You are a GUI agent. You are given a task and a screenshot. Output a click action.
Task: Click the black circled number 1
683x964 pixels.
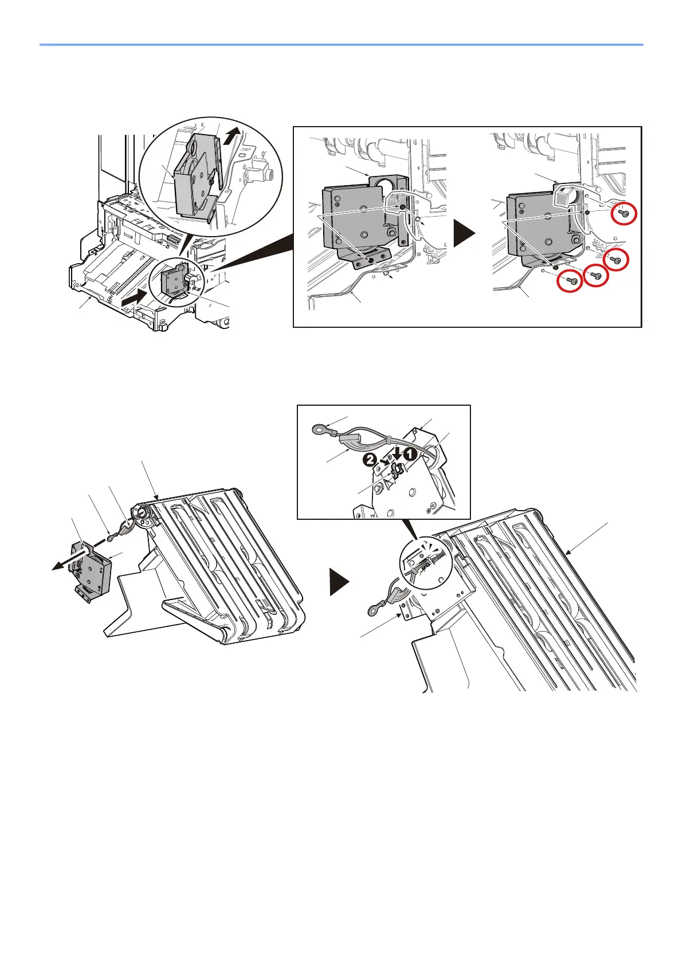(x=409, y=452)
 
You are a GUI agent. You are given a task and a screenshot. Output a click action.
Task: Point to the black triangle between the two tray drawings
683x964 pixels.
(x=339, y=584)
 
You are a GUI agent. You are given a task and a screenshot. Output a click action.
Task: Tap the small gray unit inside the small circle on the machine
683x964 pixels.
(x=170, y=281)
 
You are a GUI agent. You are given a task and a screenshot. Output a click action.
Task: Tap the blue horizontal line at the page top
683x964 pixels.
(x=341, y=44)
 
